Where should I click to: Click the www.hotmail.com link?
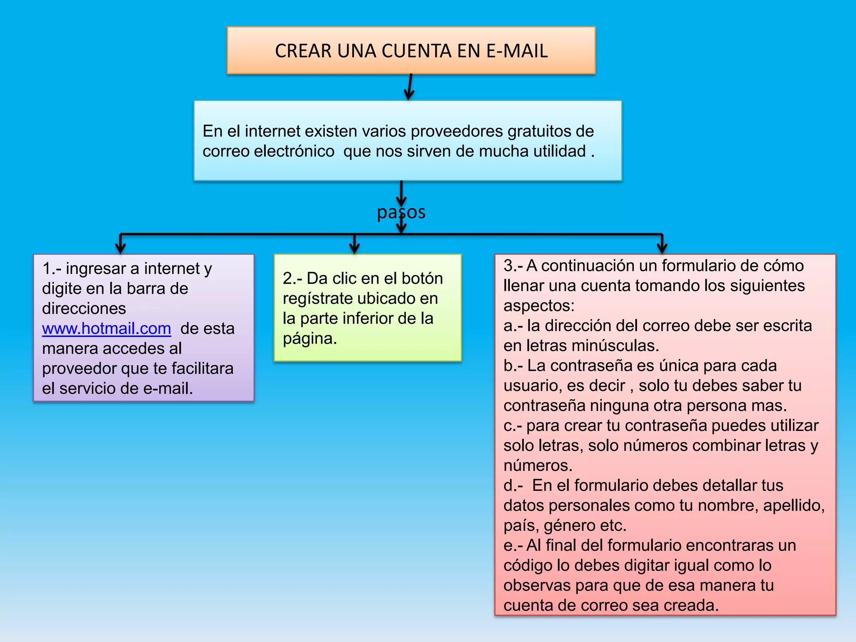[107, 329]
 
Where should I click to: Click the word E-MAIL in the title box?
[517, 51]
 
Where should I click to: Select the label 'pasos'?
[401, 212]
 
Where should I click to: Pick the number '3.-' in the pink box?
[513, 266]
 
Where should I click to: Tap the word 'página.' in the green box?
[310, 339]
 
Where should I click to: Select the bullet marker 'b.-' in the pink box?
[513, 366]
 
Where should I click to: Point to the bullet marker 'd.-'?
[513, 486]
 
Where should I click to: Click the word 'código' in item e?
[527, 566]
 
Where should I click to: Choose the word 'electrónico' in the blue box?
[294, 151]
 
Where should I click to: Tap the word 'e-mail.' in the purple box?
[168, 389]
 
